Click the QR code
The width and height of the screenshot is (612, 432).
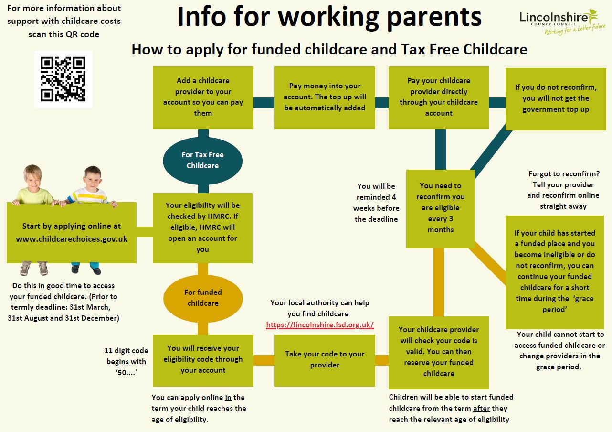(63, 79)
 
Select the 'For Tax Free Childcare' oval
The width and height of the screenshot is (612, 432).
(203, 161)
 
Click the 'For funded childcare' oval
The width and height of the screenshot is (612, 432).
(203, 298)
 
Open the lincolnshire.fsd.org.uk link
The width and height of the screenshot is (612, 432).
(320, 325)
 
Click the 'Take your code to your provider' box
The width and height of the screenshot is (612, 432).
(325, 360)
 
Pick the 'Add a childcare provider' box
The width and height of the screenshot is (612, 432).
(203, 97)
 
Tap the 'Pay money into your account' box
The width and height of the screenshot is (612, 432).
(325, 97)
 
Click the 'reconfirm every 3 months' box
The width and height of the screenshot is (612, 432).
(440, 208)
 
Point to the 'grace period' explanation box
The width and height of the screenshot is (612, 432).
(555, 271)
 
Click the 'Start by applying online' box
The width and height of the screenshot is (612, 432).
(72, 233)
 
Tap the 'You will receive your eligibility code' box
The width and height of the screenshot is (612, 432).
(203, 359)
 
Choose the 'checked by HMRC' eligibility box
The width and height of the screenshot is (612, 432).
(203, 227)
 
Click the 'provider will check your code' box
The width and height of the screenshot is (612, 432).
(439, 352)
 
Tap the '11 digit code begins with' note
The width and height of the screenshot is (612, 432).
(127, 362)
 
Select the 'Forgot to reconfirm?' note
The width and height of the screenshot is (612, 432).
(563, 190)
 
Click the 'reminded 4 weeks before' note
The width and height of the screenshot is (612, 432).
(376, 203)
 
